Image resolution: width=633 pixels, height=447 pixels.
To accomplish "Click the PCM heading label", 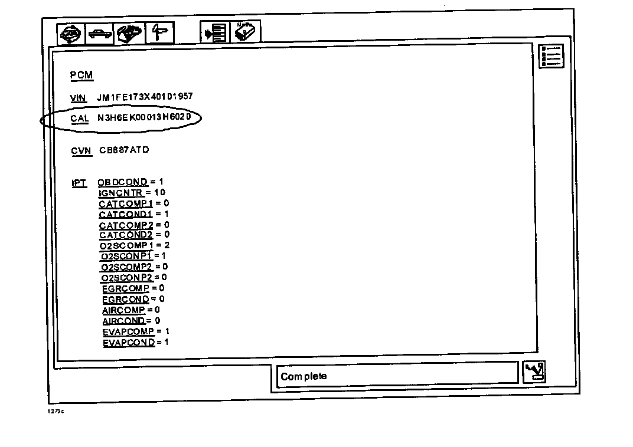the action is coord(81,75).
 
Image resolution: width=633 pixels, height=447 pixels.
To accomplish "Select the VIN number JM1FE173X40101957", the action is coord(145,97).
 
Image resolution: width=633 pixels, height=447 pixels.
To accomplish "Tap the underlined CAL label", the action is coord(80,119).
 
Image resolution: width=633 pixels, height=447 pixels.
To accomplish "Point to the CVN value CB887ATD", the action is coord(124,150).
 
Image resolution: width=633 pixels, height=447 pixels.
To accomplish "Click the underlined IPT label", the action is coord(79,183).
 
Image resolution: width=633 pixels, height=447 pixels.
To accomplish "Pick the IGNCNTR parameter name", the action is coord(120,193).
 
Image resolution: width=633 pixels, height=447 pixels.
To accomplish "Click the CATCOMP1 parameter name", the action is coord(126,204).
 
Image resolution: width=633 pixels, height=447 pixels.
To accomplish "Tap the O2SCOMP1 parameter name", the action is coord(126,245).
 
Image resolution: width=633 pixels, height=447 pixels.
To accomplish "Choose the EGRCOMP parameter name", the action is coord(125,288).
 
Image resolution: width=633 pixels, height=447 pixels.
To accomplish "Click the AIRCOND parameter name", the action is coord(123,321).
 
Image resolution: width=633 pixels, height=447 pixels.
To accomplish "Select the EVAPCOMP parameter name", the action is coord(128,331).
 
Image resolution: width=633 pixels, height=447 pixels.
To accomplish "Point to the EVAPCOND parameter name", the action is coord(128,343).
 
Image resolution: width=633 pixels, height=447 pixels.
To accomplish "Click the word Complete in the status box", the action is coord(304,376).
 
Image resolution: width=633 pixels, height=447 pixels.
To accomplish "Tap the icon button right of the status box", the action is coord(535,372).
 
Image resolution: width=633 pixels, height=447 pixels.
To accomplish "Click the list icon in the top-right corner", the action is coord(552,56).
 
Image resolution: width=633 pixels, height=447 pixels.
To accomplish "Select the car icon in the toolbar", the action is coord(99,34).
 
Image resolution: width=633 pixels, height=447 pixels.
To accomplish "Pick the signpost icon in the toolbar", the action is coord(159,33).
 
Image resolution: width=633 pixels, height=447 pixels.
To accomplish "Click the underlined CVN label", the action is coord(81,151).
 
